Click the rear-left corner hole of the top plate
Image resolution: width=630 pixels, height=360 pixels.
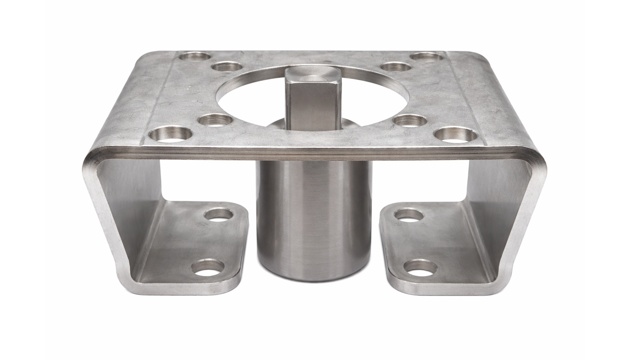195,56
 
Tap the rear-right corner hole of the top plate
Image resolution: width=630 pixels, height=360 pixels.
427,57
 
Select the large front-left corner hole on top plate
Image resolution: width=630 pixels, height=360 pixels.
171,132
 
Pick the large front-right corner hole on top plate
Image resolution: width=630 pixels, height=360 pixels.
455,133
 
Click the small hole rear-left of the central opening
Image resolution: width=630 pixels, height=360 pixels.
228,67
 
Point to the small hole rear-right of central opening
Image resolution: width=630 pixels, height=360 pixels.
396,67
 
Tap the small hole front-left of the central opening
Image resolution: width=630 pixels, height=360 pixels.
214,120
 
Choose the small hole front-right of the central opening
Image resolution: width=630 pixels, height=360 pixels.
410,120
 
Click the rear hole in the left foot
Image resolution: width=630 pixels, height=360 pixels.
218,213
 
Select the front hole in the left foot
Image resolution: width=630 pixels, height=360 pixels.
208,266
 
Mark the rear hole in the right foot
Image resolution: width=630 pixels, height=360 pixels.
408,214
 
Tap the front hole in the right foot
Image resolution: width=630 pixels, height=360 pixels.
420,267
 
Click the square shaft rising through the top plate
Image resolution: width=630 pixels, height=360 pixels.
312,95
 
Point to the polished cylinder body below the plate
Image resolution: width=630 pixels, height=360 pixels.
314,210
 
